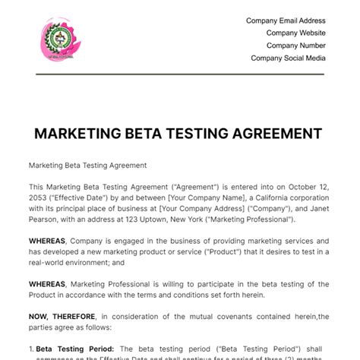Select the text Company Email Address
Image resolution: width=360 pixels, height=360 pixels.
[286, 21]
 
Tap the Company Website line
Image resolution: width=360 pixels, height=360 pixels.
[296, 33]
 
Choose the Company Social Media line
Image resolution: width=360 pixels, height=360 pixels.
[289, 58]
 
